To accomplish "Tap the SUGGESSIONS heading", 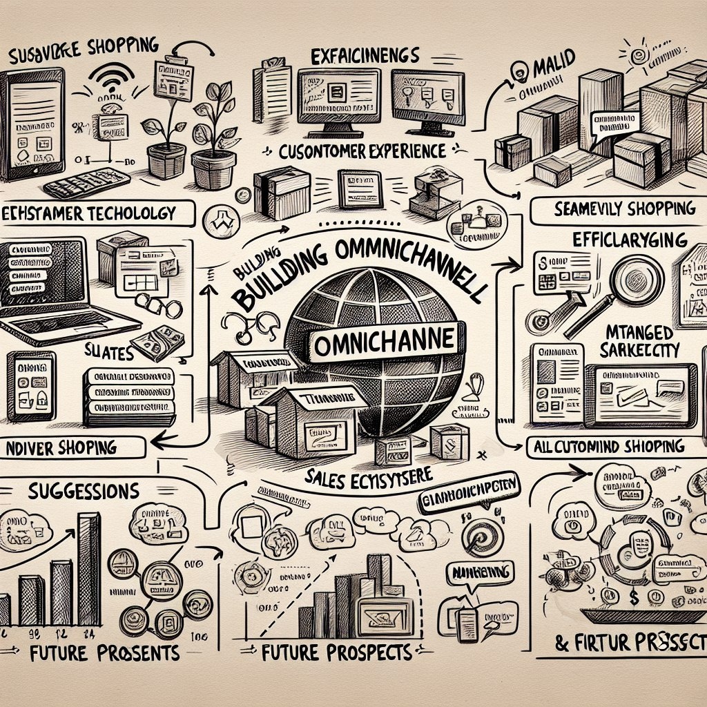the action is coord(85,491).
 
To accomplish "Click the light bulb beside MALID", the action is coord(518,70).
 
